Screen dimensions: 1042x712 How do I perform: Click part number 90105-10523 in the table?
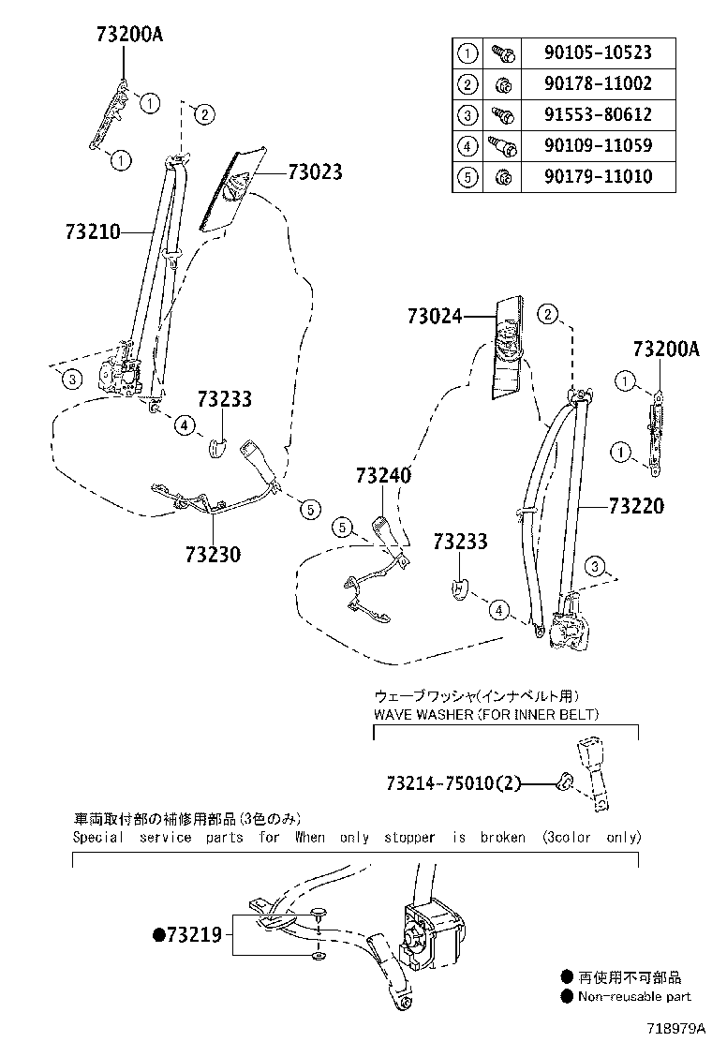pyautogui.click(x=598, y=53)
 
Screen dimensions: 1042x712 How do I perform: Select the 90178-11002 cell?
pyautogui.click(x=598, y=84)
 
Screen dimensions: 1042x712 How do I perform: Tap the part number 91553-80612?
pyautogui.click(x=598, y=115)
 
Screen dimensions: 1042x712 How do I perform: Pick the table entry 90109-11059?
pyautogui.click(x=598, y=146)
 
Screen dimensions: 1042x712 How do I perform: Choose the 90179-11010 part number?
pyautogui.click(x=598, y=177)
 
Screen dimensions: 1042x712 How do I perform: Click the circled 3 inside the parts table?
pyautogui.click(x=467, y=115)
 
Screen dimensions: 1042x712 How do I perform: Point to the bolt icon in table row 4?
pyautogui.click(x=500, y=146)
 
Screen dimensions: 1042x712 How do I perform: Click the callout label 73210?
pyautogui.click(x=93, y=231)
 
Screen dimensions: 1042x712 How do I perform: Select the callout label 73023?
pyautogui.click(x=314, y=172)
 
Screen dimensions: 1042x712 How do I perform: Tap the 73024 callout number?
pyautogui.click(x=435, y=317)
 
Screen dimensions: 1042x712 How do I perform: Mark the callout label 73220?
pyautogui.click(x=635, y=507)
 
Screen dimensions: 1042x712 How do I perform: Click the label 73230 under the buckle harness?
pyautogui.click(x=213, y=555)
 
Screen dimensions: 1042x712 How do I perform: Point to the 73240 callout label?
pyautogui.click(x=382, y=476)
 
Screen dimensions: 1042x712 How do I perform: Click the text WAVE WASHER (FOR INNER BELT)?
pyautogui.click(x=486, y=715)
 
